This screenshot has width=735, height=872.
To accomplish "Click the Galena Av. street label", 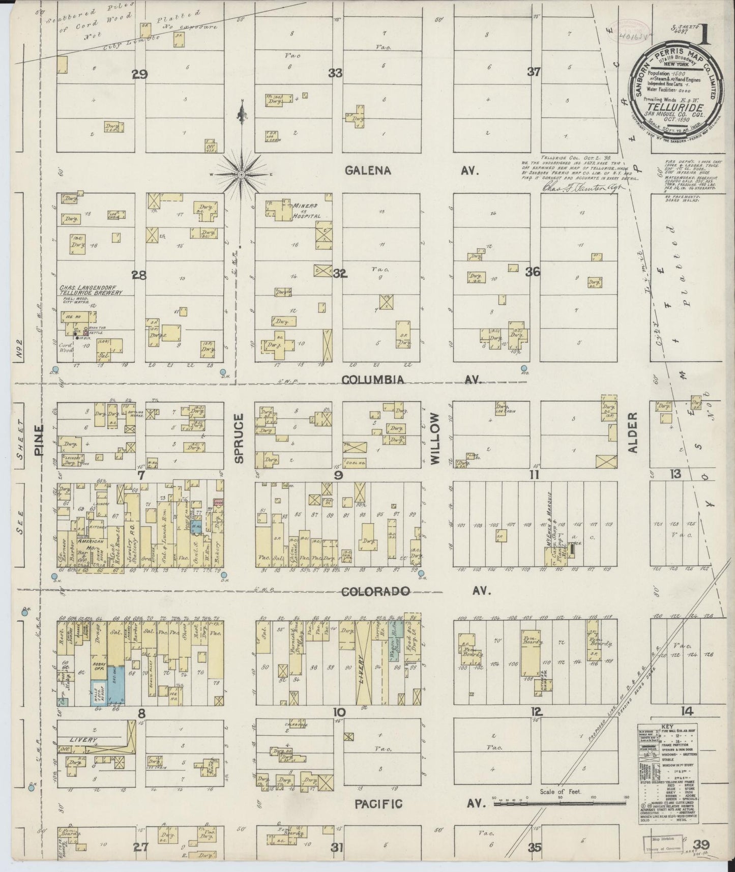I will [368, 171].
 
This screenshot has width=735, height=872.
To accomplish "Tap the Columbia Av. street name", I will [373, 380].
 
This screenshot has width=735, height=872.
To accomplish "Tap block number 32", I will [339, 274].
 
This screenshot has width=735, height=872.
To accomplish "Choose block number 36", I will [533, 272].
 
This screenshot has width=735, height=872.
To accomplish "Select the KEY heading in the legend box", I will [667, 728].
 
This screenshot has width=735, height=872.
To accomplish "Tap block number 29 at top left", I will [139, 75].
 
